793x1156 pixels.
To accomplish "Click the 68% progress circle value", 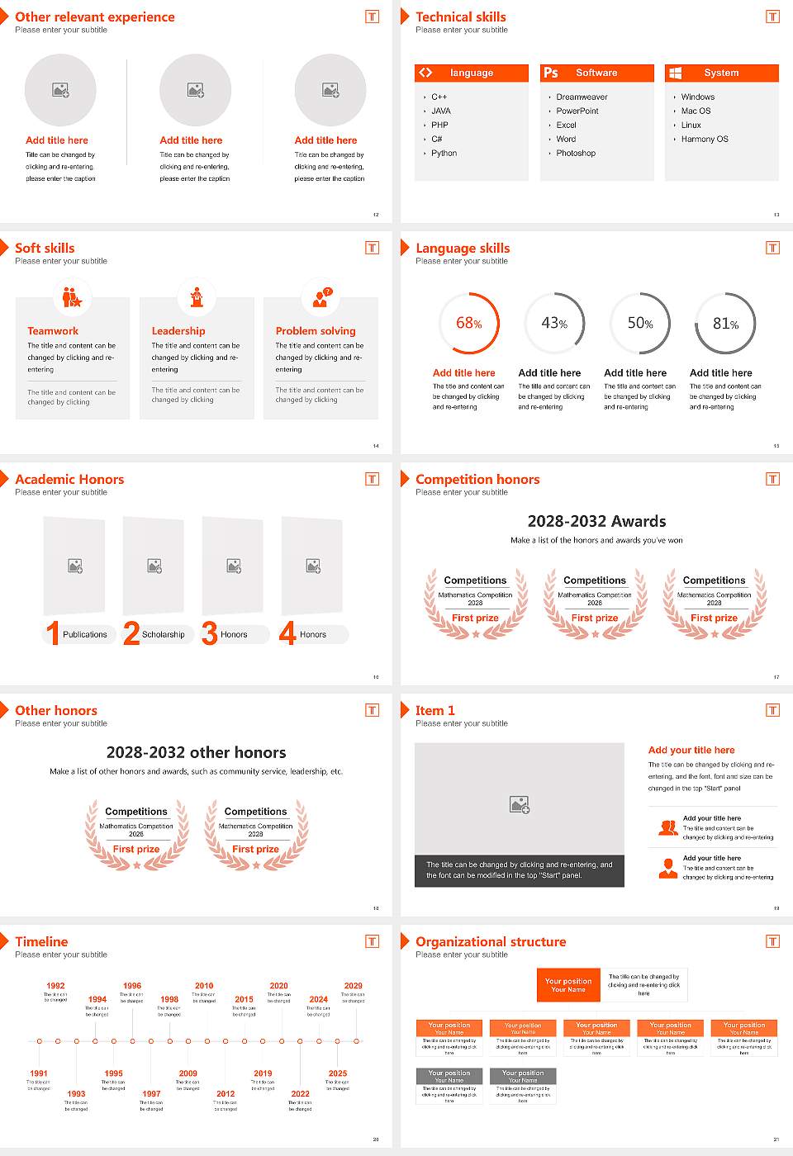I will (469, 324).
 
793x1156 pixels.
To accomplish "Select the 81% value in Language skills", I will (725, 324).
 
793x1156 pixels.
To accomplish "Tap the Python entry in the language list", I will (444, 154).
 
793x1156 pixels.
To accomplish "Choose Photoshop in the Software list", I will (576, 154).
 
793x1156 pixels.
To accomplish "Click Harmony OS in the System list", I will (705, 140).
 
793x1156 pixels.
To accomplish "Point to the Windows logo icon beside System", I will (675, 73).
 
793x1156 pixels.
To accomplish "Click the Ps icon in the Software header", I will (551, 73).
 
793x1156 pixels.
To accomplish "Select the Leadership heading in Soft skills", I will (178, 330).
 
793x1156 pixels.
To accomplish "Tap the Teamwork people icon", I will (72, 296).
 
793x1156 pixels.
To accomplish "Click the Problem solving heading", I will (316, 330).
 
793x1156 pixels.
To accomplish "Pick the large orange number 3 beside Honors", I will (210, 633).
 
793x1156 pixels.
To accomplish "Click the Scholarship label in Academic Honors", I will (163, 635).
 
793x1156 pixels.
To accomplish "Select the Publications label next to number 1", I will (84, 635).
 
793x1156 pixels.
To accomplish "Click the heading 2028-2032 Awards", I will (596, 521).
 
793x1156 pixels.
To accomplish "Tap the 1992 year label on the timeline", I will (55, 986).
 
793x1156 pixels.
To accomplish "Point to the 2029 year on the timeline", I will (353, 986).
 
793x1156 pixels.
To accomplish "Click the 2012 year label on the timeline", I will (226, 1093).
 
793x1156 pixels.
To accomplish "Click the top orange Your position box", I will (568, 985).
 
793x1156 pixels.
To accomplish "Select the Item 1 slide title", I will (434, 710).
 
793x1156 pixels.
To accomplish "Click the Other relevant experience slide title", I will (95, 17).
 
